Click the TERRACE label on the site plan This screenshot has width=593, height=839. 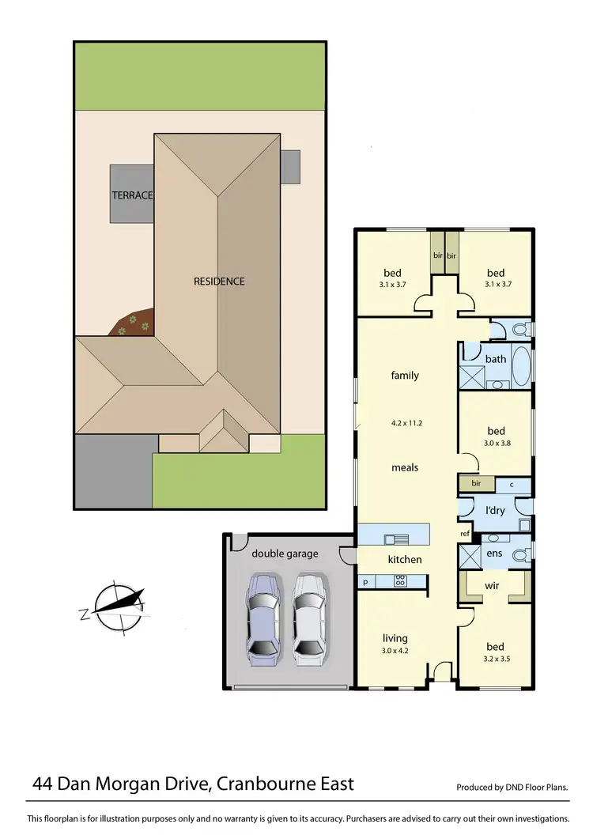click(131, 195)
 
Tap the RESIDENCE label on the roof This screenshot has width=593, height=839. click(219, 281)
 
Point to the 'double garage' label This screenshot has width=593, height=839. click(285, 554)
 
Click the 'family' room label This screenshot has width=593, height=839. click(405, 376)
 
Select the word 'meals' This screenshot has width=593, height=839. click(405, 467)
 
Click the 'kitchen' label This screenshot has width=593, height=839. click(405, 560)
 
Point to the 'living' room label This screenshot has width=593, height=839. click(395, 638)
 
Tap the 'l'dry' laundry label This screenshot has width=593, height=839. click(496, 512)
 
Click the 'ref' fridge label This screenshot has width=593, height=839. click(466, 534)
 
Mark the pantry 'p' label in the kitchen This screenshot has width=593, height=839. click(365, 582)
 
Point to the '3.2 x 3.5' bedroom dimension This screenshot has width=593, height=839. click(496, 657)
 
